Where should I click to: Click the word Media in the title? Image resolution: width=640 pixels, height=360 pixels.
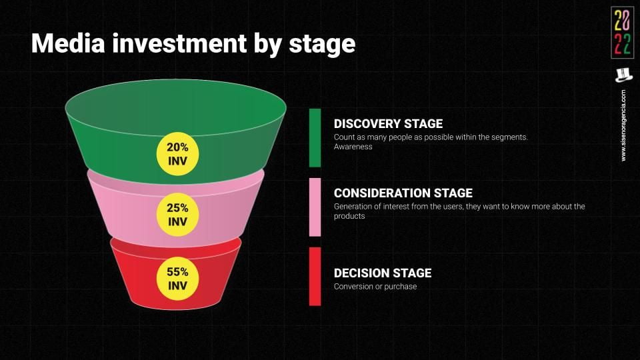68,43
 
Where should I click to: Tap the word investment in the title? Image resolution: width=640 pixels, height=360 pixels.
179,43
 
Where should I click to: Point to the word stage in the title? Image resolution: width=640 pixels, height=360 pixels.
322,45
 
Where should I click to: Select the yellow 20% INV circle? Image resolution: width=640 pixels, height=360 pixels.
177,154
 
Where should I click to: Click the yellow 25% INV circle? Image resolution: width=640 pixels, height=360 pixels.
177,215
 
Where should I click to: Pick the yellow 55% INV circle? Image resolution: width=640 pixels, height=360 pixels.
177,279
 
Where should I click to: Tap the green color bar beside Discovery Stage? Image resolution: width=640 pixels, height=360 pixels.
315,137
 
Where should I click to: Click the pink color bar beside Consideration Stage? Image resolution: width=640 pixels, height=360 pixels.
315,207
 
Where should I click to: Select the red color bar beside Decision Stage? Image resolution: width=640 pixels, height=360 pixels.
315,276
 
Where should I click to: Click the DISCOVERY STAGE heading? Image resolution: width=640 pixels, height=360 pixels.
388,124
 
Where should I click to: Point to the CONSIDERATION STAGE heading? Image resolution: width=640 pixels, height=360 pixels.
403,193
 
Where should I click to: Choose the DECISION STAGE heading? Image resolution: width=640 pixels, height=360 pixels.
383,273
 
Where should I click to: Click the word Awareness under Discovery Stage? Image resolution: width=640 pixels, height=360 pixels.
353,147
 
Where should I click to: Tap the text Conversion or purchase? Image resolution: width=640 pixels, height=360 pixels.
375,287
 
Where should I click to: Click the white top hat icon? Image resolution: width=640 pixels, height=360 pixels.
623,75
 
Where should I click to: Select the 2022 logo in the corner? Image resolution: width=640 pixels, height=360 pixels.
623,33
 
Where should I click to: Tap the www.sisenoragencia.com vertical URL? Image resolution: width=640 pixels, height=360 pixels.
623,125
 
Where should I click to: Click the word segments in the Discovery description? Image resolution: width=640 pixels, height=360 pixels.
510,137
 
